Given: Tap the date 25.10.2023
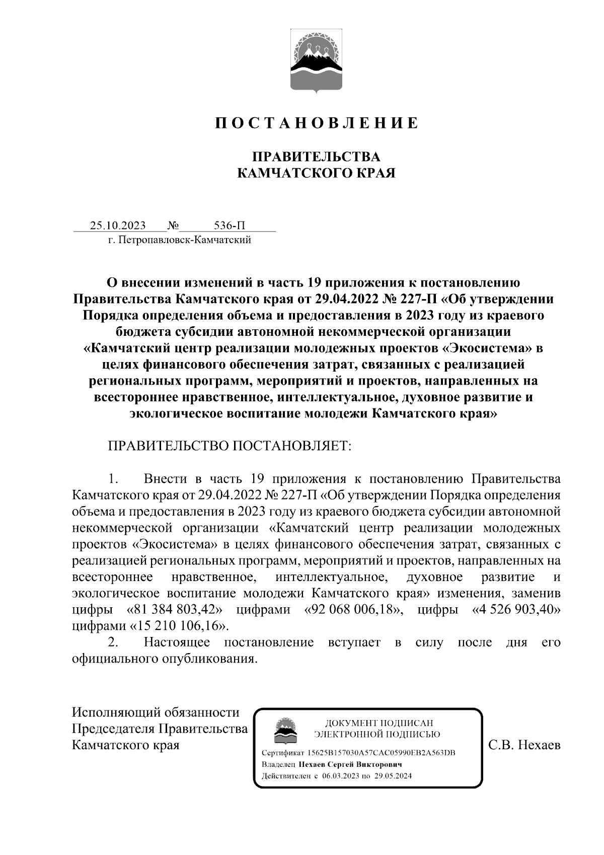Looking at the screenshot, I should [x=118, y=225].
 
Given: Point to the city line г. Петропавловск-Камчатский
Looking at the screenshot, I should [x=180, y=240].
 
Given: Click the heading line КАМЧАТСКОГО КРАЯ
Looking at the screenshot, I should [x=316, y=174].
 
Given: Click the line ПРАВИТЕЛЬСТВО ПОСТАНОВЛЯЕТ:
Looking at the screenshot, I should [x=230, y=446].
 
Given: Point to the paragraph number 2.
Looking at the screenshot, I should [x=114, y=643].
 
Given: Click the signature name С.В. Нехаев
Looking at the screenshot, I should [x=524, y=745].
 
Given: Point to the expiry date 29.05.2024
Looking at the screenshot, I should [x=393, y=776].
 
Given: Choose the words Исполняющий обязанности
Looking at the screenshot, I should [x=156, y=712].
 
